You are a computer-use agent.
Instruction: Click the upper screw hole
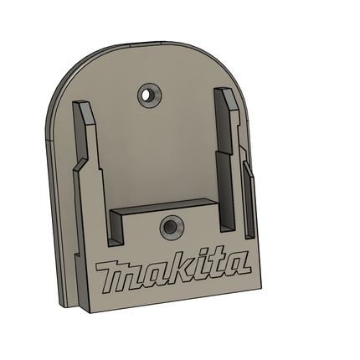click(146, 95)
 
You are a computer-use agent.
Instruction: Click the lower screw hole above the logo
click(170, 228)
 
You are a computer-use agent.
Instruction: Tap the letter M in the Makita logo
click(117, 275)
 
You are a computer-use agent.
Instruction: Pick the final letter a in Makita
click(238, 263)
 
